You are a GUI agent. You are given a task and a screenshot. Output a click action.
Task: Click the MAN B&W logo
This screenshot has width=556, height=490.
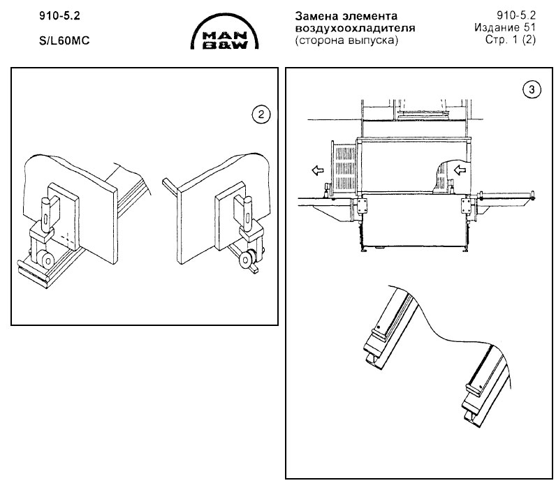click(224, 32)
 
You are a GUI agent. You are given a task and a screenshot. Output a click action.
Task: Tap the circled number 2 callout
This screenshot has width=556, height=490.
click(261, 114)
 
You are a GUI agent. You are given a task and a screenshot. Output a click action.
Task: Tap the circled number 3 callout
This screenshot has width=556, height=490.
click(532, 89)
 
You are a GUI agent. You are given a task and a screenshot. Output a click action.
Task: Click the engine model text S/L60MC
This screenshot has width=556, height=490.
click(64, 40)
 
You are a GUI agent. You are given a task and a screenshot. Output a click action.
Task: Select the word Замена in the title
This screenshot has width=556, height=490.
click(316, 16)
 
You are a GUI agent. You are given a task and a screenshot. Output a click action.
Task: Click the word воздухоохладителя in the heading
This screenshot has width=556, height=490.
click(355, 28)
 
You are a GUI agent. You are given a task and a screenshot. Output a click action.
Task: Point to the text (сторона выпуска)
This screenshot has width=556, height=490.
click(346, 40)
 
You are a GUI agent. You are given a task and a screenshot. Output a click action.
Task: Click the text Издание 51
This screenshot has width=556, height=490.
click(505, 27)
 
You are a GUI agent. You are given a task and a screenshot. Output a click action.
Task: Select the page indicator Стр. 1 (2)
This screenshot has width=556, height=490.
click(511, 40)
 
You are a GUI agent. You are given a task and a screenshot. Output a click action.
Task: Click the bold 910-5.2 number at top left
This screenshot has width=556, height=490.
click(59, 16)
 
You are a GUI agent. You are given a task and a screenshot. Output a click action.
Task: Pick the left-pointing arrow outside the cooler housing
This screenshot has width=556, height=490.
click(318, 171)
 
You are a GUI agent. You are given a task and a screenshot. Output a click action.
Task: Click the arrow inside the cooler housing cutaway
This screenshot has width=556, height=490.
click(460, 170)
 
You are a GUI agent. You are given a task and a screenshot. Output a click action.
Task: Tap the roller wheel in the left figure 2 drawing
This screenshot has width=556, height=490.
click(47, 261)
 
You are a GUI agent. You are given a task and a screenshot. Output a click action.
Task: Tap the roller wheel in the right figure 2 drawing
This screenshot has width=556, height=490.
click(246, 260)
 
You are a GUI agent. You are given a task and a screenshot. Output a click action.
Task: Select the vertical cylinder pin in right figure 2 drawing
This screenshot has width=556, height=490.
click(247, 213)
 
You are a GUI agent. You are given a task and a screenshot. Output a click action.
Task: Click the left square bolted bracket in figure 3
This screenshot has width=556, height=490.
click(362, 206)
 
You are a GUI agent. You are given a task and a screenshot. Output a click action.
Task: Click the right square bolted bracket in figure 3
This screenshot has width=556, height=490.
click(467, 205)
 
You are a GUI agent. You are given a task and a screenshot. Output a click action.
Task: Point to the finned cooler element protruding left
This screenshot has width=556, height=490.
click(344, 168)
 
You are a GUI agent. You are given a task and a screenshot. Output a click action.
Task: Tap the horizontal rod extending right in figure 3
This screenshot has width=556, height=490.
click(506, 195)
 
